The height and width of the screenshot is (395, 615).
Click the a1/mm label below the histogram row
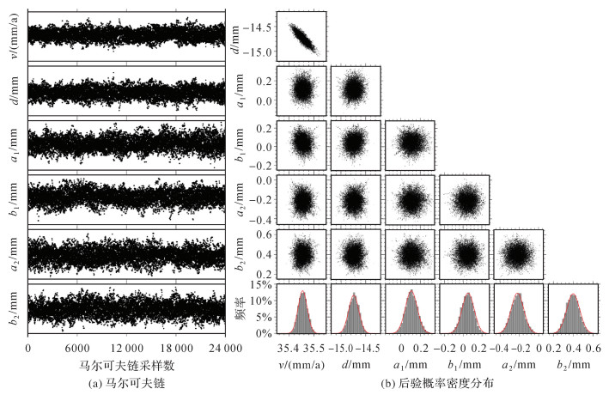click(x=411, y=364)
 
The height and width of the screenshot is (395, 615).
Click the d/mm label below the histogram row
click(x=356, y=364)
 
